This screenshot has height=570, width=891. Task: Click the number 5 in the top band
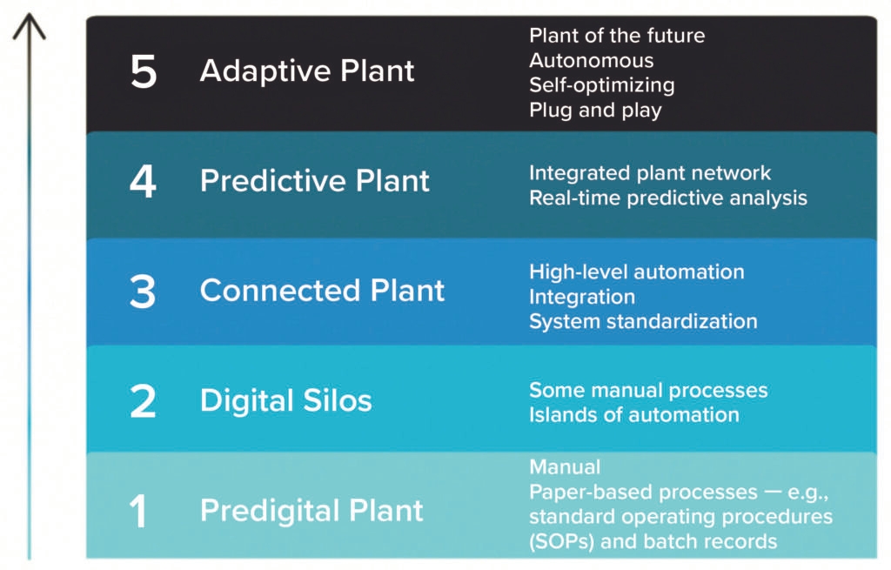pyautogui.click(x=144, y=72)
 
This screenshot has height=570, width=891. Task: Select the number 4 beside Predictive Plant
pyautogui.click(x=143, y=181)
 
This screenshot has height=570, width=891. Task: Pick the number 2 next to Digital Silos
pyautogui.click(x=143, y=401)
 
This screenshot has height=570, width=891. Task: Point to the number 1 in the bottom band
pyautogui.click(x=139, y=511)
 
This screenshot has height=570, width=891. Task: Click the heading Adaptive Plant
pyautogui.click(x=307, y=71)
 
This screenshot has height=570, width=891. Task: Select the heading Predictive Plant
pyautogui.click(x=315, y=181)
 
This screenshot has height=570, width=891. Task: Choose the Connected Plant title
pyautogui.click(x=322, y=291)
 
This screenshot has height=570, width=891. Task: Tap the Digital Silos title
pyautogui.click(x=285, y=401)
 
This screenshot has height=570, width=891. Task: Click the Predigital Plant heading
pyautogui.click(x=312, y=511)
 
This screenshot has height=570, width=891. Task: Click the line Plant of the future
pyautogui.click(x=617, y=36)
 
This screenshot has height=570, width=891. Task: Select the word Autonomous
pyautogui.click(x=591, y=61)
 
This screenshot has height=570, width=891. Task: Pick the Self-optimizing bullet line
pyautogui.click(x=601, y=85)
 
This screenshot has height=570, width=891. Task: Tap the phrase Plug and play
pyautogui.click(x=595, y=111)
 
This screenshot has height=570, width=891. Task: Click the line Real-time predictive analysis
pyautogui.click(x=667, y=198)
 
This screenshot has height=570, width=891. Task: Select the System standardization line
pyautogui.click(x=643, y=321)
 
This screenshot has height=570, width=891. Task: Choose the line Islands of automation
pyautogui.click(x=633, y=414)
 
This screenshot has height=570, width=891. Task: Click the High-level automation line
pyautogui.click(x=636, y=272)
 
